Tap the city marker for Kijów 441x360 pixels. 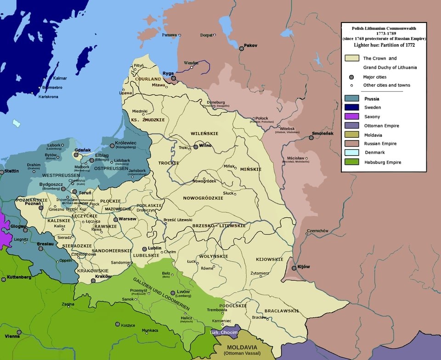pyautogui.click(x=294, y=268)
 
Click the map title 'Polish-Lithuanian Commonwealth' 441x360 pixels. pyautogui.click(x=383, y=28)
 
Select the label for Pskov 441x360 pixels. pyautogui.click(x=251, y=45)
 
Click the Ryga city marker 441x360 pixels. pyautogui.click(x=174, y=79)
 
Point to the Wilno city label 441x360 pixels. pyautogui.click(x=205, y=146)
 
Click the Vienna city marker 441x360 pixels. pyautogui.click(x=19, y=332)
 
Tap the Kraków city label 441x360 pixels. pyautogui.click(x=103, y=276)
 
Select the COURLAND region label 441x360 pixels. pyautogui.click(x=148, y=79)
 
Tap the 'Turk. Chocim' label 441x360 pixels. pyautogui.click(x=224, y=332)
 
